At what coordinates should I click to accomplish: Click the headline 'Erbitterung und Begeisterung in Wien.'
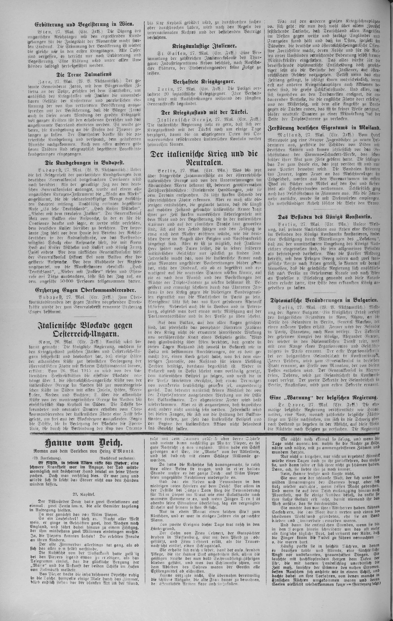tap(84, 25)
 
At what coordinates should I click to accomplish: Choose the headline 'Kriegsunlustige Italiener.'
tap(204, 46)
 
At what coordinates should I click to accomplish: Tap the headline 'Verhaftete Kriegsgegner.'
tap(204, 82)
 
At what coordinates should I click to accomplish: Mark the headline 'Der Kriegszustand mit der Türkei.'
tap(204, 112)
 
